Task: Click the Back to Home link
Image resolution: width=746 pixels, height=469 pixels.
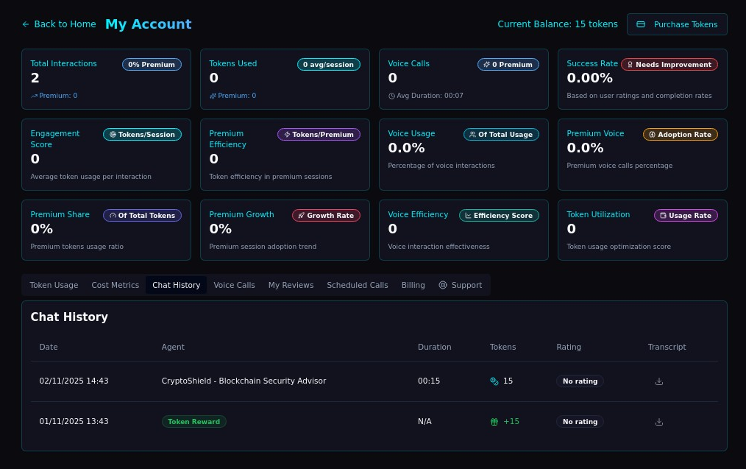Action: [x=59, y=24]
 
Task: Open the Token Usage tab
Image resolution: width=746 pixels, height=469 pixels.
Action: [x=54, y=285]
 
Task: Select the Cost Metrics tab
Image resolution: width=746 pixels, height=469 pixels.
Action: [x=115, y=285]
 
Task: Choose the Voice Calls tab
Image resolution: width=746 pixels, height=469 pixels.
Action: [x=234, y=285]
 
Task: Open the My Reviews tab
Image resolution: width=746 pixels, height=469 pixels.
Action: [x=291, y=285]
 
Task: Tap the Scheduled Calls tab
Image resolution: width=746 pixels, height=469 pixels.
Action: [x=357, y=285]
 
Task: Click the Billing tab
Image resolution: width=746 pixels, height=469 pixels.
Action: [x=413, y=285]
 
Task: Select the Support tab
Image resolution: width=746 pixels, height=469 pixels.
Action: [x=461, y=285]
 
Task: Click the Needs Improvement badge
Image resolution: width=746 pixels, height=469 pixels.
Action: [x=669, y=65]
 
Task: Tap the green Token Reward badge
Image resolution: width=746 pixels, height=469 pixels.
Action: [x=194, y=422]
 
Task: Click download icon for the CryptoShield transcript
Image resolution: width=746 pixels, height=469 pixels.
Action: [x=659, y=381]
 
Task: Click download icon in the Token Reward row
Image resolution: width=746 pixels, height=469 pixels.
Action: [x=659, y=422]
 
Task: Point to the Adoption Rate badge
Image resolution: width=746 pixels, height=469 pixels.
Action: [x=680, y=135]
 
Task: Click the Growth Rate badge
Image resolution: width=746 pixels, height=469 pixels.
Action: [x=326, y=216]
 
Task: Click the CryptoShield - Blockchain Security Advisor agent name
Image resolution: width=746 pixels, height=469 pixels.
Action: [x=244, y=381]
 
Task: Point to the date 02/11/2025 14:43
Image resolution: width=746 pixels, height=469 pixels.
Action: [x=74, y=381]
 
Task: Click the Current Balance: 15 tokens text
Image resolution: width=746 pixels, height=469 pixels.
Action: [x=558, y=24]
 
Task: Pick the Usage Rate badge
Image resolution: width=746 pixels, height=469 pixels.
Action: [x=686, y=216]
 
